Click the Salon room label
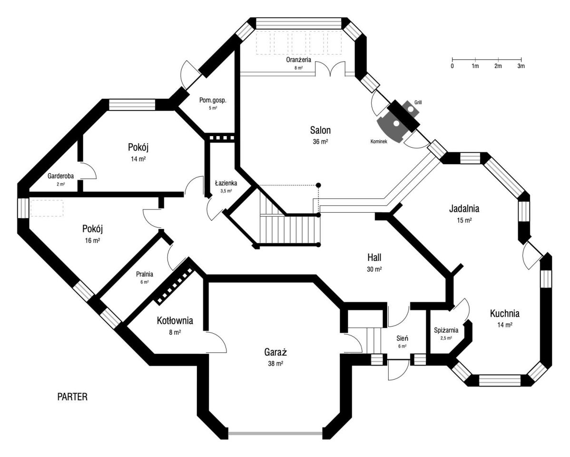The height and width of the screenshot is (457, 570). tap(320, 130)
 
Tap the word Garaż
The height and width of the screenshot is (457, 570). tap(275, 353)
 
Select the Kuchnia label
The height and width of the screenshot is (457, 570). tap(504, 314)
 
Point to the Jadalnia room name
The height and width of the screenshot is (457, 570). tap(464, 209)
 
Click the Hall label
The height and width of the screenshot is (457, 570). tap(374, 258)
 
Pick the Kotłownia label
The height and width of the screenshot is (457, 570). tap(175, 321)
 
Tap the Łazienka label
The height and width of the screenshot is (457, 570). tap(226, 183)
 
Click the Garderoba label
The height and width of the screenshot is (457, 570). tap(60, 176)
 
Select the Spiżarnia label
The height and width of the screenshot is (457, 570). tap(446, 330)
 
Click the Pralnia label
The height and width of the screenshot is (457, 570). tap(145, 274)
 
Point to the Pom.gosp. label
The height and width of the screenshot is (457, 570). tap(213, 100)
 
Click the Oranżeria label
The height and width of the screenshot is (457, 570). tap(298, 60)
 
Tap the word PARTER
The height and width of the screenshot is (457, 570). tap(72, 397)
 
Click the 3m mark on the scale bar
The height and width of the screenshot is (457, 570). tap(521, 66)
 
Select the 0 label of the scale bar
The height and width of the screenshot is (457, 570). tap(452, 66)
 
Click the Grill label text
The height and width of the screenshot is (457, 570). tap(418, 102)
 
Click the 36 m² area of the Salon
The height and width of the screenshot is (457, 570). tap(320, 141)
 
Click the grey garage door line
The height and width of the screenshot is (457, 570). tap(275, 433)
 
